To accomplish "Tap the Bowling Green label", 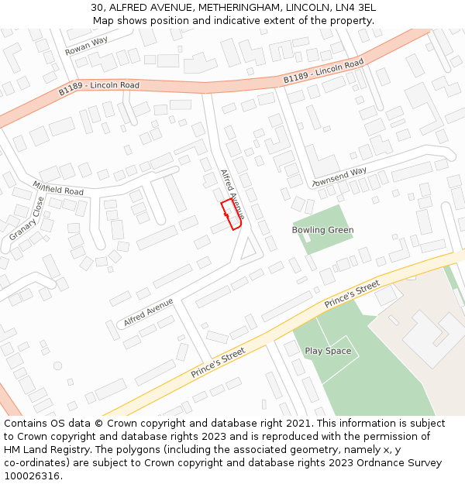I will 322,230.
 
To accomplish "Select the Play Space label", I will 328,351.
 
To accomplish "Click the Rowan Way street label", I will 87,46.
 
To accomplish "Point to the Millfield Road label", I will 58,188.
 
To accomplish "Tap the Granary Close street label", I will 28,219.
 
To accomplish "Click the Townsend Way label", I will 339,177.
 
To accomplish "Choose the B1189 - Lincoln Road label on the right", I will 323,71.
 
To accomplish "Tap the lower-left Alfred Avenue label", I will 148,311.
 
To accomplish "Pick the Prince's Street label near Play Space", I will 218,362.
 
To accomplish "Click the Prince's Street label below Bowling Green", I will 353,294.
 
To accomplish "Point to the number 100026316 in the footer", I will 31,476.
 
